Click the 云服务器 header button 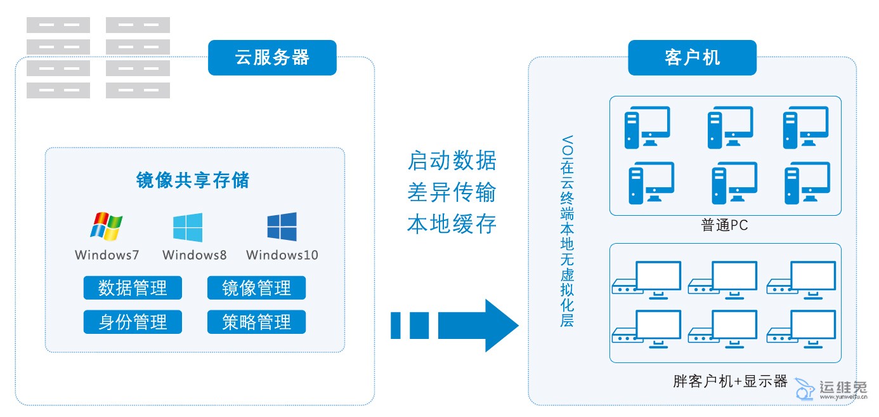click(x=272, y=58)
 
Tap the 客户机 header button click(x=692, y=58)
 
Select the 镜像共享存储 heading click(x=193, y=180)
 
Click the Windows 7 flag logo click(x=107, y=227)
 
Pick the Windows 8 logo click(x=188, y=227)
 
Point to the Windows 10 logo click(x=282, y=227)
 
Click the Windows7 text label click(x=107, y=255)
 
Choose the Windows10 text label click(x=282, y=255)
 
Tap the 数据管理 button click(x=133, y=288)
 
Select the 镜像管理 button click(x=256, y=288)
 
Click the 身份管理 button click(x=133, y=322)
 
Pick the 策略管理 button click(x=256, y=322)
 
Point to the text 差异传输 click(x=452, y=193)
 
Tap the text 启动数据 click(x=452, y=161)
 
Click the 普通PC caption click(x=724, y=225)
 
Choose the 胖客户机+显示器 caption click(x=730, y=381)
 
